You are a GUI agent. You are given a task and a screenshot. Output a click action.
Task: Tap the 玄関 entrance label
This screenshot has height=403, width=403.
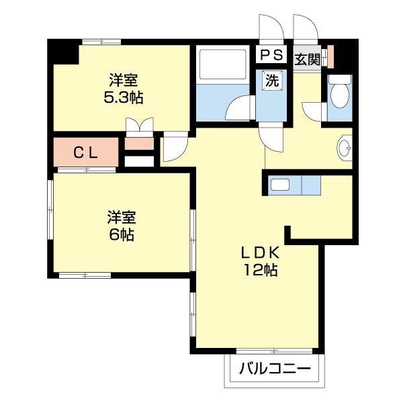click(x=308, y=58)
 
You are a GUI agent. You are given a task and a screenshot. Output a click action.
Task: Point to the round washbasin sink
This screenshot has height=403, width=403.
click(x=345, y=148)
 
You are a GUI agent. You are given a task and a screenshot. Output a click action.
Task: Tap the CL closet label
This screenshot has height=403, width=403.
click(x=86, y=152)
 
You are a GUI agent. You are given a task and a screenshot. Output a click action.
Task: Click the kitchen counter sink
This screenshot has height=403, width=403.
click(x=280, y=184)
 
